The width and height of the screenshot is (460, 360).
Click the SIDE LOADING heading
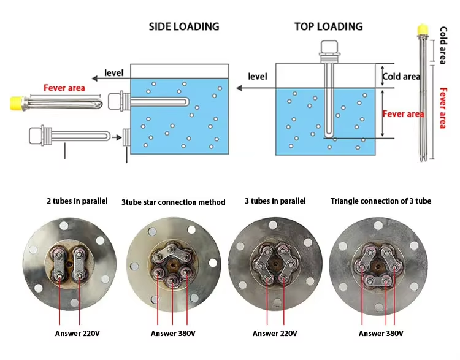click(184, 27)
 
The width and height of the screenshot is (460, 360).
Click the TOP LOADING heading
click(328, 26)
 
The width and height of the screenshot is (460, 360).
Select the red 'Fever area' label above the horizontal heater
click(64, 88)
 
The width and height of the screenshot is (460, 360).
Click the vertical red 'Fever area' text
click(443, 107)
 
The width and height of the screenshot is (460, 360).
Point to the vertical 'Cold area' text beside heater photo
click(443, 46)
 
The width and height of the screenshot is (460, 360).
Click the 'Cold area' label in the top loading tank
click(401, 77)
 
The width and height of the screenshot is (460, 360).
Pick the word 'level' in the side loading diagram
click(113, 73)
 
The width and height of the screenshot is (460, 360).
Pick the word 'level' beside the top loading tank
click(258, 77)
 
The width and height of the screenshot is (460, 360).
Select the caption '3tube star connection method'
click(173, 202)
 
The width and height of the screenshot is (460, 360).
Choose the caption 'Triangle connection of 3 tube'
click(380, 201)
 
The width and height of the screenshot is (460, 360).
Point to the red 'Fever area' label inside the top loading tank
click(403, 114)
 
